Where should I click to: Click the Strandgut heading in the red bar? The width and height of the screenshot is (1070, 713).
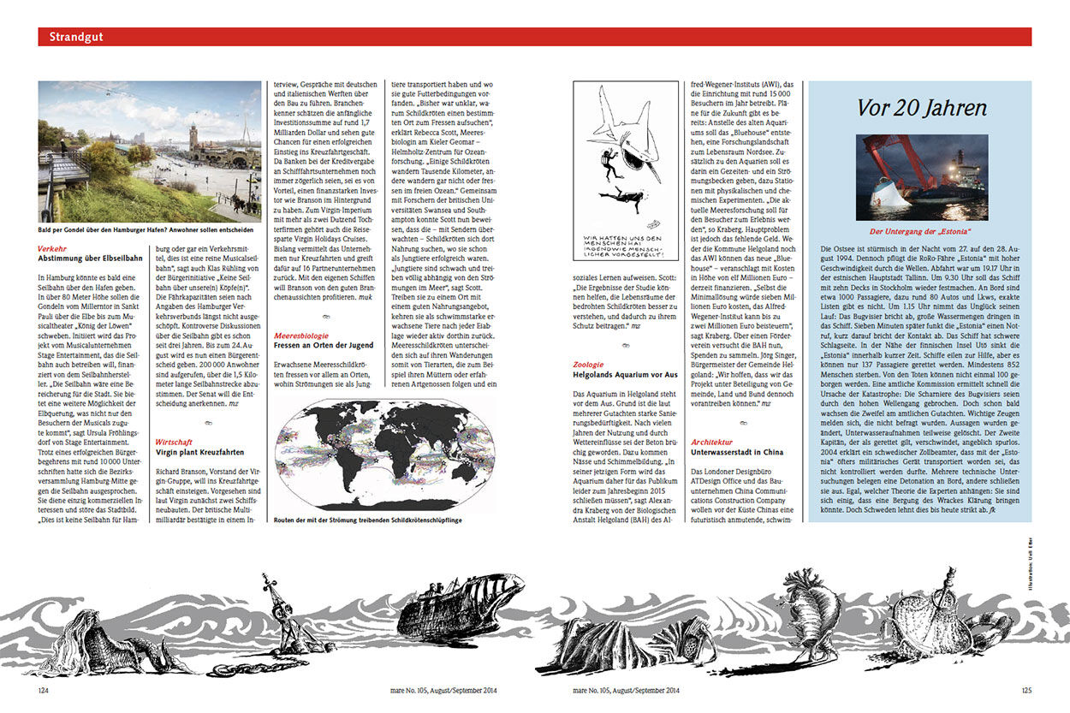pos(76,37)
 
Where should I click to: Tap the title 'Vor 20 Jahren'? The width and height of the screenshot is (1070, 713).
pos(921,108)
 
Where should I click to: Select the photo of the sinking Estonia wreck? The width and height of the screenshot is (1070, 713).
pos(922,177)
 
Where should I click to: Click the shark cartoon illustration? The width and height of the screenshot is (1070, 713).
pos(625,171)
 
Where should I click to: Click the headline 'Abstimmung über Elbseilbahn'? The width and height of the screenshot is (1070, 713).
pos(91,259)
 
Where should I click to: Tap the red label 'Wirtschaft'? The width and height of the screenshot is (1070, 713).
pos(174,443)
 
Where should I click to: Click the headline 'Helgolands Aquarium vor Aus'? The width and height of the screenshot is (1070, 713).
pos(626,375)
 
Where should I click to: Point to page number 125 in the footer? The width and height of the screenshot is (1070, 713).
pos(1025,689)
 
